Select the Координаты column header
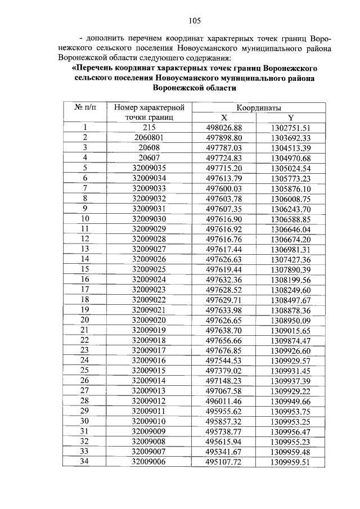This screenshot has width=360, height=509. (259, 107)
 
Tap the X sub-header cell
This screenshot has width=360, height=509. (223, 118)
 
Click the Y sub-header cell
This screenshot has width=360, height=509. (290, 118)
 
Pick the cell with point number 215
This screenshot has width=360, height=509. (148, 128)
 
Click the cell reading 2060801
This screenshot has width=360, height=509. (148, 138)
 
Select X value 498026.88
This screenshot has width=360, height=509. (223, 128)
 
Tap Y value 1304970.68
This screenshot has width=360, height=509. (290, 158)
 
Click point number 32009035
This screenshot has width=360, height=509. (148, 168)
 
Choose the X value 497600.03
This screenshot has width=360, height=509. (223, 188)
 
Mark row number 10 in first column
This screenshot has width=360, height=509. (85, 218)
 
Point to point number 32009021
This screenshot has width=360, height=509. (148, 310)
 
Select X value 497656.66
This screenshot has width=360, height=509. (223, 340)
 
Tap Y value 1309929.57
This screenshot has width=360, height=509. (290, 360)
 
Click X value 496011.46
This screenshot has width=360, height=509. (223, 400)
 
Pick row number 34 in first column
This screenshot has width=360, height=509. (85, 461)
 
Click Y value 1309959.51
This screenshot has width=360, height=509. (290, 461)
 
